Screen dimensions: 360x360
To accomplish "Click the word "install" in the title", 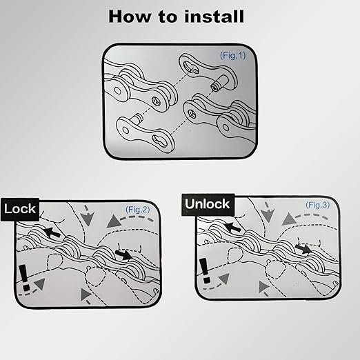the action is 214,17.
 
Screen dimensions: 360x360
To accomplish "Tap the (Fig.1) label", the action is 232,55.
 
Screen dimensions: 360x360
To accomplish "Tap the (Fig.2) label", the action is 137,210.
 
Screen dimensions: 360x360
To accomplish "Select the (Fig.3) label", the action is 317,205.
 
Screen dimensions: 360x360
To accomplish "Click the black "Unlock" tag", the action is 208,204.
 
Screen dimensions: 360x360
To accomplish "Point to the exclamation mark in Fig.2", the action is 24,277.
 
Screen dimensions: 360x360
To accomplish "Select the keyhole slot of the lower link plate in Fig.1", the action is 159,141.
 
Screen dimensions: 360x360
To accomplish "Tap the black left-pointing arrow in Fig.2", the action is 52,232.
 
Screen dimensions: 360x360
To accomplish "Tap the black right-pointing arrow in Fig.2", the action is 123,254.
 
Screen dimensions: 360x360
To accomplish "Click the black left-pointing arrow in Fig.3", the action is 232,226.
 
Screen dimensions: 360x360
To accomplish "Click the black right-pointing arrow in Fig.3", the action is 303,248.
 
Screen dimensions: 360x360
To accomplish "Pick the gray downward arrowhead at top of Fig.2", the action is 88,219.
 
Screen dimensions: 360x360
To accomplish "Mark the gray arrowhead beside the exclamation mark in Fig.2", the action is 40,283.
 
